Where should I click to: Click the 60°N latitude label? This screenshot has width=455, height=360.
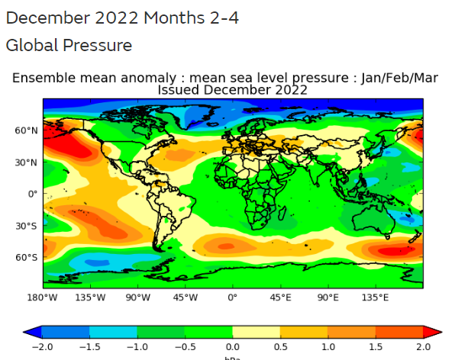tap(27, 130)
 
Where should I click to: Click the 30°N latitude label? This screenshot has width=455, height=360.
tap(27, 162)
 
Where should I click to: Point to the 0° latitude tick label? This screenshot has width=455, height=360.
tap(33, 194)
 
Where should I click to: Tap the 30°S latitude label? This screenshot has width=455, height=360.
tap(27, 226)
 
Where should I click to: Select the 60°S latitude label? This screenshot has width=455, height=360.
tap(27, 257)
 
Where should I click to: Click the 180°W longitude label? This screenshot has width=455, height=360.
tap(42, 297)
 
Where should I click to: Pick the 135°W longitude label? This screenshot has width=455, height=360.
tap(90, 297)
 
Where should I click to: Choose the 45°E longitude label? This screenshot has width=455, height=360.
tap(280, 297)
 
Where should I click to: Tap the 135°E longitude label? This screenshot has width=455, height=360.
tap(375, 297)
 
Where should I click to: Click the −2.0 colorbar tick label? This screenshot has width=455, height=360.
tap(42, 347)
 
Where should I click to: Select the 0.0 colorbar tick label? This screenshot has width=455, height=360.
tap(232, 347)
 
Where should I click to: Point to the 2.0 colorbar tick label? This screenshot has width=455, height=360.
tap(423, 347)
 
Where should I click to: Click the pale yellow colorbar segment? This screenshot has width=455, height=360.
tap(257, 333)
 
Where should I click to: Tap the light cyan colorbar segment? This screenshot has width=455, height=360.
tap(113, 333)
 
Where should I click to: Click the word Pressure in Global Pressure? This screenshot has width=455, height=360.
tap(98, 46)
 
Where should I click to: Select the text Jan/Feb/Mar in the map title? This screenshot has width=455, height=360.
tap(399, 78)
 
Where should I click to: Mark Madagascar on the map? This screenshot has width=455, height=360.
tap(282, 213)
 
